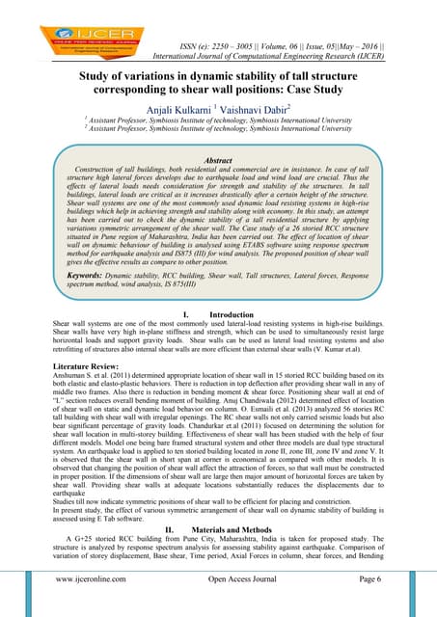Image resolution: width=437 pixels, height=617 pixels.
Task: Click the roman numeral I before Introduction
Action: pyautogui.click(x=184, y=314)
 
